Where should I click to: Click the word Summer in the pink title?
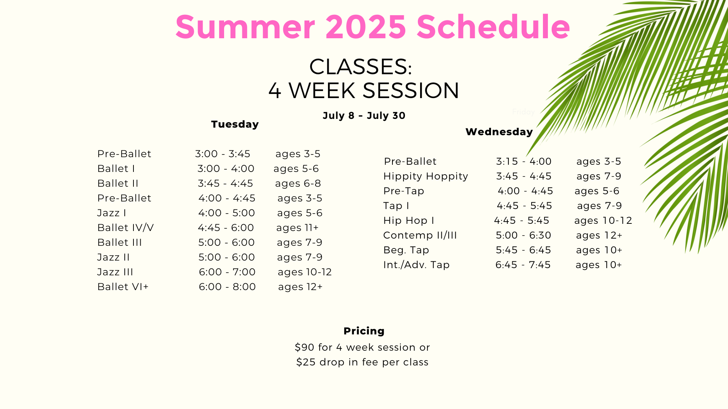(245, 27)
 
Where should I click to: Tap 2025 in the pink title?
(366, 27)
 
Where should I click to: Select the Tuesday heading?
(235, 124)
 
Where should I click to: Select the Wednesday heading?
(499, 132)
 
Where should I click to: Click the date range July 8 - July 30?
(364, 116)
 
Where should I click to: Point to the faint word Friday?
(523, 112)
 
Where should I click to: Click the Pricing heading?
(364, 331)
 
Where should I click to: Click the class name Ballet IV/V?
(126, 228)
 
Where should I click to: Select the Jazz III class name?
(115, 272)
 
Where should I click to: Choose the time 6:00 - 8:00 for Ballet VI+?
(227, 287)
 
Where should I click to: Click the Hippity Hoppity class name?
(426, 176)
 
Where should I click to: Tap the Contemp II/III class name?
(420, 236)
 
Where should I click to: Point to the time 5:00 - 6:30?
(524, 235)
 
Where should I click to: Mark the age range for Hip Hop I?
(603, 221)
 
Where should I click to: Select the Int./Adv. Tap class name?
(416, 265)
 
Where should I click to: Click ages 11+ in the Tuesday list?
(298, 228)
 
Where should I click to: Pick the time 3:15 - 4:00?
(524, 161)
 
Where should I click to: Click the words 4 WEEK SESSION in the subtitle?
(364, 91)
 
